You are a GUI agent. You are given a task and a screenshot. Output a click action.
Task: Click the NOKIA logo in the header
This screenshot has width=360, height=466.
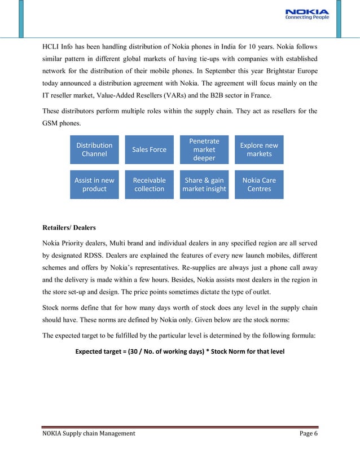[308, 11]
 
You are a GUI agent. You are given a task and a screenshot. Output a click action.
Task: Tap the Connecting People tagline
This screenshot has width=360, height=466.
[308, 18]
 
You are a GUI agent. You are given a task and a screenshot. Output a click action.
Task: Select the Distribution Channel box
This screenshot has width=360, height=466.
[94, 150]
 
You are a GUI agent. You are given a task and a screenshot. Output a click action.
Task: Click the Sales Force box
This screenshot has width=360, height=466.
[149, 150]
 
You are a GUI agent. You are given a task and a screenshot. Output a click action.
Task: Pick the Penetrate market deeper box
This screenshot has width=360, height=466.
[204, 150]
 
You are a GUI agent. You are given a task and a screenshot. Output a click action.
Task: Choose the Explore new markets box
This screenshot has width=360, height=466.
[259, 150]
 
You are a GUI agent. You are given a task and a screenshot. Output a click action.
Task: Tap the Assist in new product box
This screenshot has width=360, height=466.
[94, 184]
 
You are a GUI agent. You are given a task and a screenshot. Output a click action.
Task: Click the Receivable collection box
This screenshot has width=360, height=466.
[149, 184]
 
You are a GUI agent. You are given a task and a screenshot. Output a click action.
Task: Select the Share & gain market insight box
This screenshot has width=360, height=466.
[204, 184]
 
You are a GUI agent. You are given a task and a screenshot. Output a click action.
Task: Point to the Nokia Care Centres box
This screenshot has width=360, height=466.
[259, 184]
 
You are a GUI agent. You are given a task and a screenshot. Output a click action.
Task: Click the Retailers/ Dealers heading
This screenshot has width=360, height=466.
[69, 228]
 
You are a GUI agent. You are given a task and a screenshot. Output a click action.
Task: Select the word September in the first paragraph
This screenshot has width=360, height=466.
[195, 72]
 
